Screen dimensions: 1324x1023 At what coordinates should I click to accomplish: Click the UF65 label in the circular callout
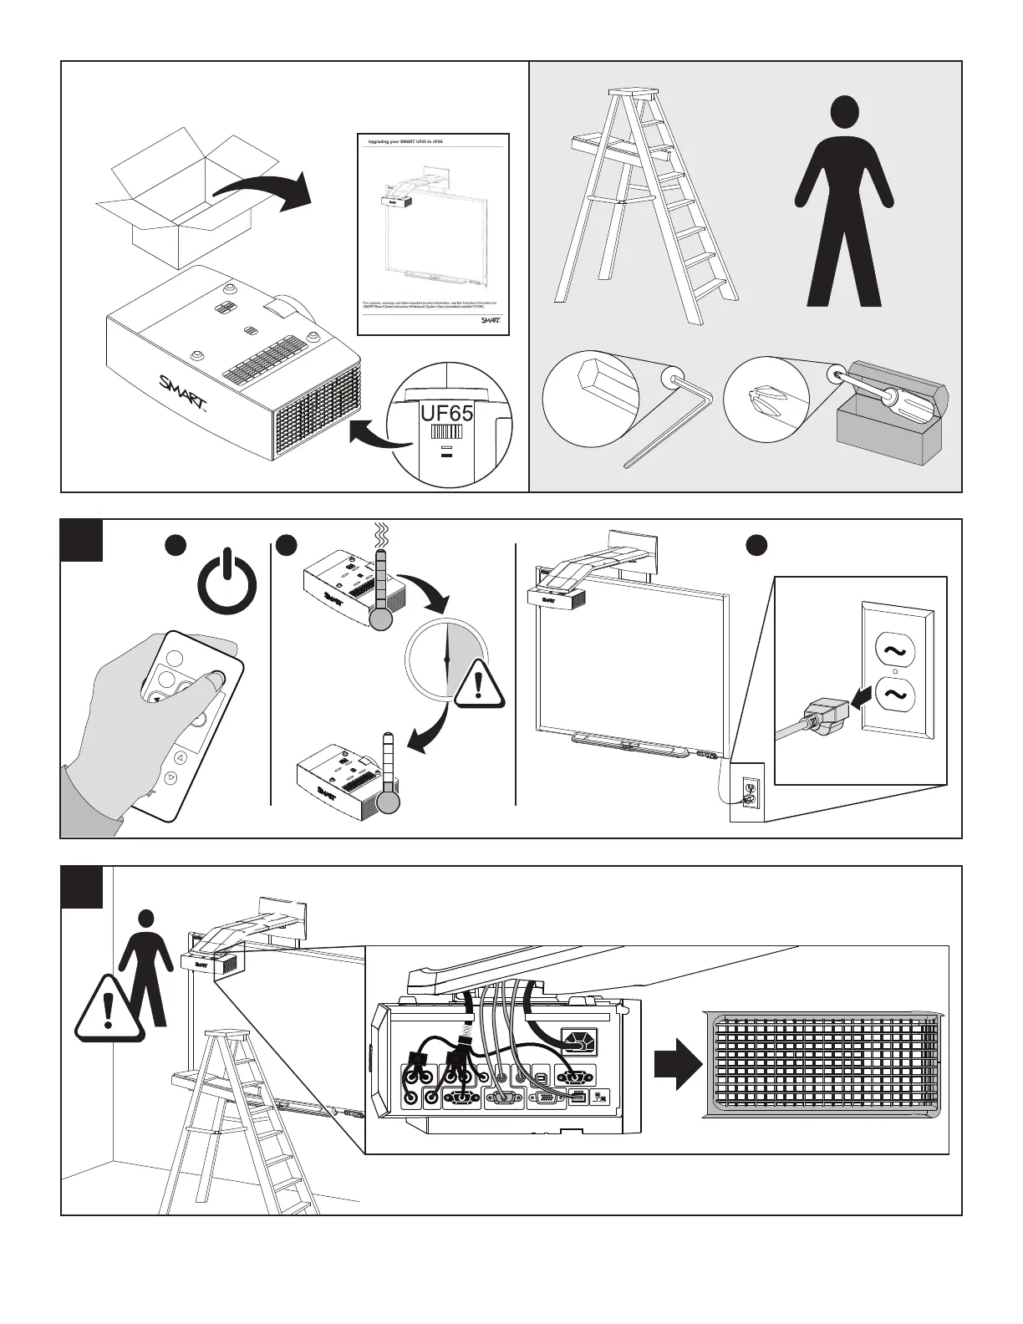point(446,413)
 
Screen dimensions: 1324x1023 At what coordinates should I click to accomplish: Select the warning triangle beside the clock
point(478,684)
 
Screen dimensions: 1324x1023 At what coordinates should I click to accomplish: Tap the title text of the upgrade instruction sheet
point(405,142)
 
